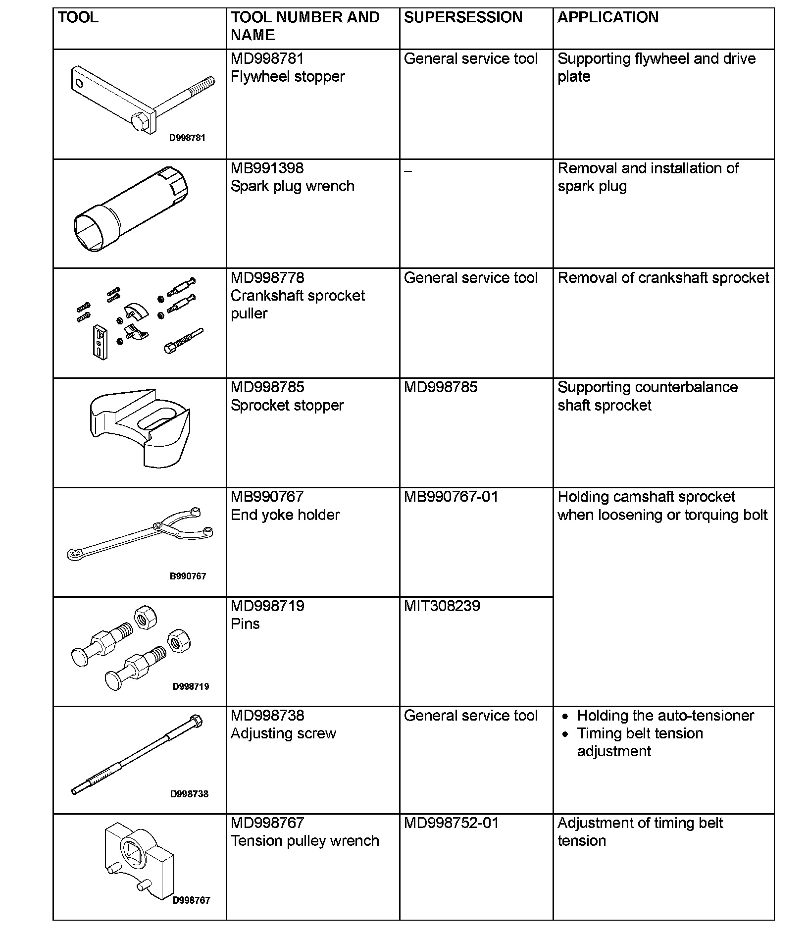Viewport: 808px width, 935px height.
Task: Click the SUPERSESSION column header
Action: (463, 18)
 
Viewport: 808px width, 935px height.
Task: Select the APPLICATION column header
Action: (608, 18)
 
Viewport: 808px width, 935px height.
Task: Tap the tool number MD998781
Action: (267, 59)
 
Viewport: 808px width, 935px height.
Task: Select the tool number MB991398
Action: (267, 168)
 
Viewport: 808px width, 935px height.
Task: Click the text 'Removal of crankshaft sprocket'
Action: (663, 278)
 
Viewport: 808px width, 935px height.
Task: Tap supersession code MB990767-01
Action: (451, 497)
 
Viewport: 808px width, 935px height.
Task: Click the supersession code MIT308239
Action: (442, 606)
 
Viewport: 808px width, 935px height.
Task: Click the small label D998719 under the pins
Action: (191, 686)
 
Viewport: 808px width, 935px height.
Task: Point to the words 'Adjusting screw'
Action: (283, 733)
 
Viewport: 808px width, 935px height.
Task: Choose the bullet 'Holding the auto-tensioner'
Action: (665, 716)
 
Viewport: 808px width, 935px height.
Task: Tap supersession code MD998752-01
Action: (451, 823)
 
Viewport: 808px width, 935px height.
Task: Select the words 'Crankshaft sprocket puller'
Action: (298, 304)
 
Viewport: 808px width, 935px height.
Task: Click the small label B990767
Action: (188, 576)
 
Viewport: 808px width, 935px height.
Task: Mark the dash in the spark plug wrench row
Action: (407, 171)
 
